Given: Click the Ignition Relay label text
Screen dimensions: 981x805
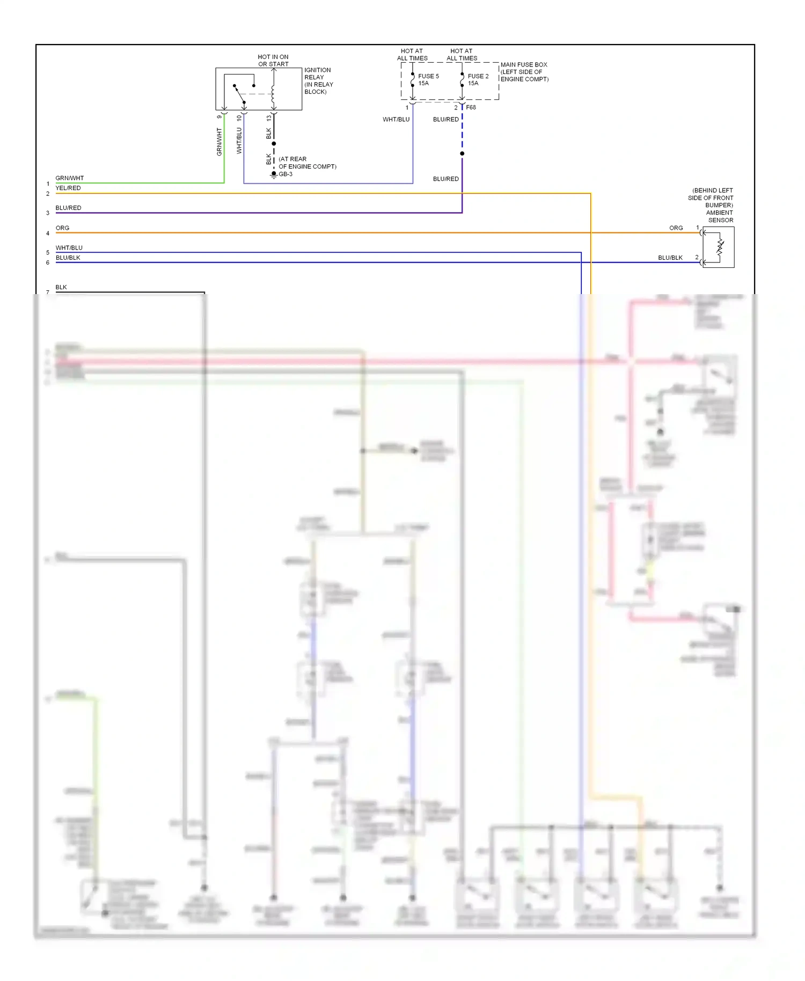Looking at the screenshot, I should coord(318,80).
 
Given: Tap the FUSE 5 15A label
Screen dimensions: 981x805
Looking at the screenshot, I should coord(428,79).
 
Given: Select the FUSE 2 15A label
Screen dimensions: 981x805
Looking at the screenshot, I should coord(478,79).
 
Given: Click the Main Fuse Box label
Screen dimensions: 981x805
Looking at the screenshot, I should coord(524,72).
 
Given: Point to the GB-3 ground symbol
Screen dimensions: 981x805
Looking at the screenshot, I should coord(274,174).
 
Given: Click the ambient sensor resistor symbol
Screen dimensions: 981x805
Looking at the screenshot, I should coord(720,247).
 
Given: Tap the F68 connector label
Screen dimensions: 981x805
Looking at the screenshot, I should coord(471,107).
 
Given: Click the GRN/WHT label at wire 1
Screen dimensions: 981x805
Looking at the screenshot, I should coord(70,178).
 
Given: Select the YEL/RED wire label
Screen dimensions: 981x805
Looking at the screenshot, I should coord(68,188).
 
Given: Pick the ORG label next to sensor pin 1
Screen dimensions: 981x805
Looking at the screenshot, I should coord(676,228).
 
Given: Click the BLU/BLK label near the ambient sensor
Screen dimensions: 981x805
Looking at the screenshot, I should coord(670,258).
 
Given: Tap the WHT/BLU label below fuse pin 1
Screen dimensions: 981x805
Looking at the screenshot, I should coord(396,120).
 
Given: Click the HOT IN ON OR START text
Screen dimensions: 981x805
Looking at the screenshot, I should coord(273,60).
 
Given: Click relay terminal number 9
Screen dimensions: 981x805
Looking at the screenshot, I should coord(219,117).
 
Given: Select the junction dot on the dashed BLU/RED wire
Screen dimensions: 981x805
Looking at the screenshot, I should coord(462,153).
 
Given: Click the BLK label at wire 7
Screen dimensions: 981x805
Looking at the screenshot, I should coord(61,287).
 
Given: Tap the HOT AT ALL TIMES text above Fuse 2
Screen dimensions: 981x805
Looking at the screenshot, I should coord(462,55).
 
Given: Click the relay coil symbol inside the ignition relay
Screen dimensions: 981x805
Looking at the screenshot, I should coord(273,94).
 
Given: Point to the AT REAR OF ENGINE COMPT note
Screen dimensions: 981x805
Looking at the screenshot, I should coord(307,163).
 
